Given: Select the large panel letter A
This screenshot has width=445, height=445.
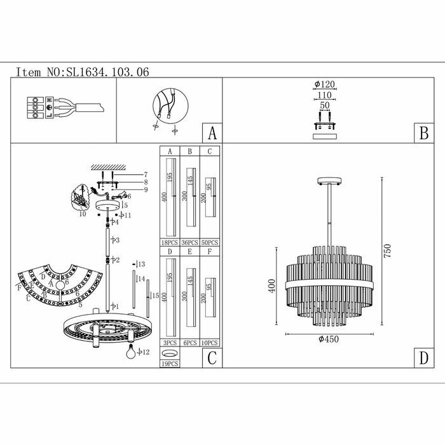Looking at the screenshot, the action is click(212, 133).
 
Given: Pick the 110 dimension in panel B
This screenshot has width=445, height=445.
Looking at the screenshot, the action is click(324, 96).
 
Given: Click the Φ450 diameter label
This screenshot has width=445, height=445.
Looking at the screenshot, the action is click(327, 339).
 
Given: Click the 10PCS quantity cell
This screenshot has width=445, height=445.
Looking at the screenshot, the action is click(209, 343).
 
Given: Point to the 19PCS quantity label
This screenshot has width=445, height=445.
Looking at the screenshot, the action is click(170, 364).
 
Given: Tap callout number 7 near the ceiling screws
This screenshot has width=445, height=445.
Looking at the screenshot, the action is click(146, 174).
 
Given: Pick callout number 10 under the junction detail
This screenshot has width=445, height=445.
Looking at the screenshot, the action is click(83, 214).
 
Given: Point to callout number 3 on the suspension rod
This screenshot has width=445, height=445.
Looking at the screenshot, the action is click(116, 240).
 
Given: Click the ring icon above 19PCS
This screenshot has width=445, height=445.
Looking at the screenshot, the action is click(169, 353).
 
